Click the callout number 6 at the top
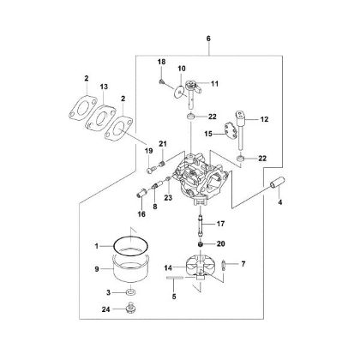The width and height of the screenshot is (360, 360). (x=207, y=38)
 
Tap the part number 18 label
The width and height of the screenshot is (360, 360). (x=160, y=63)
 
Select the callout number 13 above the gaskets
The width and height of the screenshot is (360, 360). (x=105, y=87)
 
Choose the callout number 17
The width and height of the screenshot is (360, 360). (x=220, y=225)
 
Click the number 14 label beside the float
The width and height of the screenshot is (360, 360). (x=169, y=268)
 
